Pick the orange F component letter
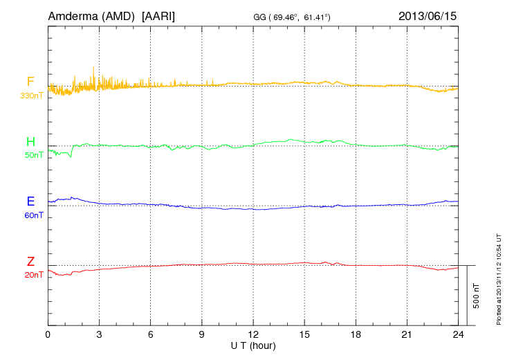(30, 82)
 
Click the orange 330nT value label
(31, 96)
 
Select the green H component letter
(30, 142)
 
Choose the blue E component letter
(30, 201)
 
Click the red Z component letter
(30, 262)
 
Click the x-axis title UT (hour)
(253, 345)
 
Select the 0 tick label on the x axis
(48, 334)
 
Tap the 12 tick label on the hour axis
(253, 334)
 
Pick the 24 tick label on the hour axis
(457, 334)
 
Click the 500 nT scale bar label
(477, 296)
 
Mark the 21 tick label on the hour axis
(407, 334)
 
